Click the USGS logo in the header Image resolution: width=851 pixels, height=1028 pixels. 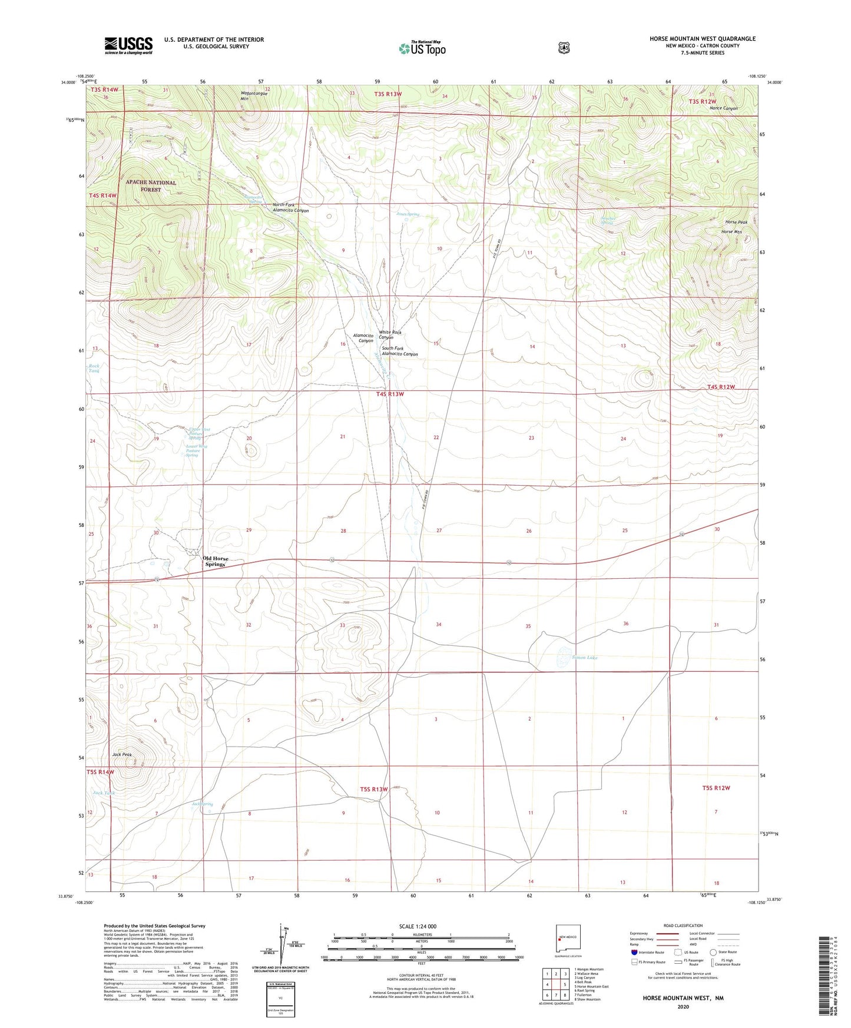click(128, 45)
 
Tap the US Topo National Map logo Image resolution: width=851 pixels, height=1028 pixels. click(421, 48)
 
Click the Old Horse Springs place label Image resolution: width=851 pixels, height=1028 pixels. click(215, 561)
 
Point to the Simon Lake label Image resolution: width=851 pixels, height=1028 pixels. click(584, 658)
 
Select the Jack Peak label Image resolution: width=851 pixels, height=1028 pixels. click(122, 754)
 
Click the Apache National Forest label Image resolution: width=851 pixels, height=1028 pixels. click(151, 186)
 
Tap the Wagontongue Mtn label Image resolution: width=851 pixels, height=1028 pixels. click(254, 96)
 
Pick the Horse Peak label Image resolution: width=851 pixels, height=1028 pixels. click(736, 222)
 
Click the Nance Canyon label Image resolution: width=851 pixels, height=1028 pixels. click(723, 108)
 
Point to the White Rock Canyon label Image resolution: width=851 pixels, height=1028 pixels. click(389, 335)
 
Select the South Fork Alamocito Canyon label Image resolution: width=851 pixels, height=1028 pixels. click(399, 351)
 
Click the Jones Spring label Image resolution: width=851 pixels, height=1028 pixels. click(408, 214)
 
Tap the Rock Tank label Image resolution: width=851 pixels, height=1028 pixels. click(94, 369)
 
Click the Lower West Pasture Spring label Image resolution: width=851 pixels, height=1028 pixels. click(196, 450)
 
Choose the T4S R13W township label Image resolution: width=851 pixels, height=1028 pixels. click(390, 394)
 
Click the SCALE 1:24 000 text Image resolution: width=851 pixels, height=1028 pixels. click(418, 926)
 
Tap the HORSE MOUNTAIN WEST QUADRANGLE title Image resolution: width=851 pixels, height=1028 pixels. click(702, 39)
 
